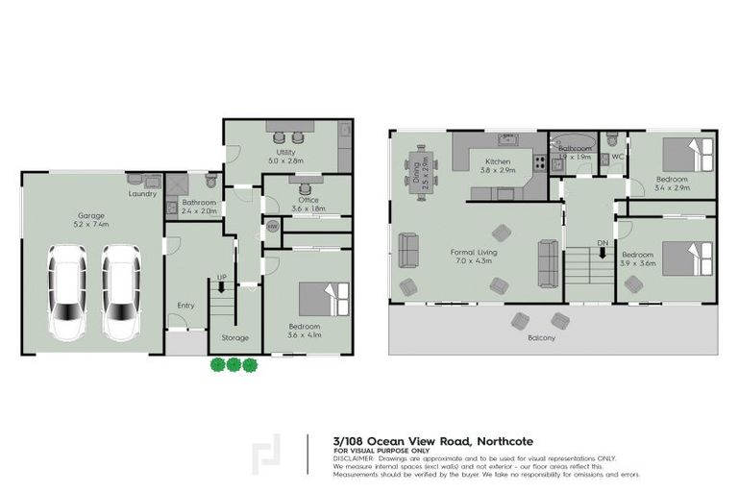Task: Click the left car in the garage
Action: [66, 292]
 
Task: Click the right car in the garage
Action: [121, 292]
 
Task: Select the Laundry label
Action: [142, 193]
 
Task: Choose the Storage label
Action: [235, 337]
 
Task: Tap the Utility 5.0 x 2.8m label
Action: [285, 157]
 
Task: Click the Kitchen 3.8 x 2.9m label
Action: [499, 164]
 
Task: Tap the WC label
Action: [617, 156]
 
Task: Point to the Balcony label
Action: [541, 338]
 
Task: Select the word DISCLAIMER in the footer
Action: [355, 458]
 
